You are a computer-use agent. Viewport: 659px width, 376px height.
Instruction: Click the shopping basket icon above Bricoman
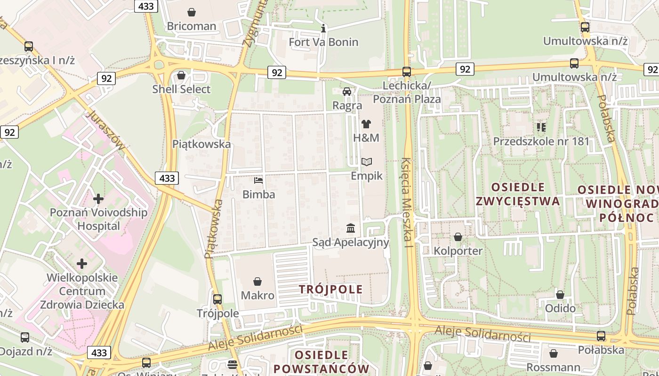[192, 12]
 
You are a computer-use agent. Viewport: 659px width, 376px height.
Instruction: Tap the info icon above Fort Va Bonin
[323, 28]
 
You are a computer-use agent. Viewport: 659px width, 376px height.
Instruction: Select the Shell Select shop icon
[181, 75]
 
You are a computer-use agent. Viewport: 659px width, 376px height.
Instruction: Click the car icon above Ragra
[347, 92]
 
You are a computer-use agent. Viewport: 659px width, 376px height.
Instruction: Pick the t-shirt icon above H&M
[366, 124]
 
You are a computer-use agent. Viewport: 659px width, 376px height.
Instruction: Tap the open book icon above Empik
[367, 162]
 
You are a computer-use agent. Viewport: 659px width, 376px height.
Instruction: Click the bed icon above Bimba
[258, 180]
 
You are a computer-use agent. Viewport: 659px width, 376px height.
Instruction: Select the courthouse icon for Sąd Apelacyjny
[351, 228]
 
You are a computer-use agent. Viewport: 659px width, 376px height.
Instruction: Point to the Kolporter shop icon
[458, 237]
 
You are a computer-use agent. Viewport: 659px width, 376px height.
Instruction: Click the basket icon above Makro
[257, 282]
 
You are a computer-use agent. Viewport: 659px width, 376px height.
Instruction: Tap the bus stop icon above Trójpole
[217, 299]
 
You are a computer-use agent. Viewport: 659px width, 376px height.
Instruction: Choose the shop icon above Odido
[560, 295]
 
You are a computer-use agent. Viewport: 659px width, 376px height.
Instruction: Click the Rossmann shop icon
[554, 353]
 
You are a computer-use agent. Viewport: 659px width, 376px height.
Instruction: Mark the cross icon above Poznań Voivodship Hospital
[98, 199]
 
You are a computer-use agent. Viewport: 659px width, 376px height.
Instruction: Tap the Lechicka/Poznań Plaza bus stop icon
[407, 72]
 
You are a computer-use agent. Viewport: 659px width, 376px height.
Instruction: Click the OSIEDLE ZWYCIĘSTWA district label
[518, 194]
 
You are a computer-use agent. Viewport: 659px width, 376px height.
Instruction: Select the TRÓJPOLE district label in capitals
[331, 289]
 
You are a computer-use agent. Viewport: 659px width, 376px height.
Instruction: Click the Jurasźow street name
[107, 130]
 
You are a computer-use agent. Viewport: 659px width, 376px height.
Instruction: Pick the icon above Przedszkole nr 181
[541, 127]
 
